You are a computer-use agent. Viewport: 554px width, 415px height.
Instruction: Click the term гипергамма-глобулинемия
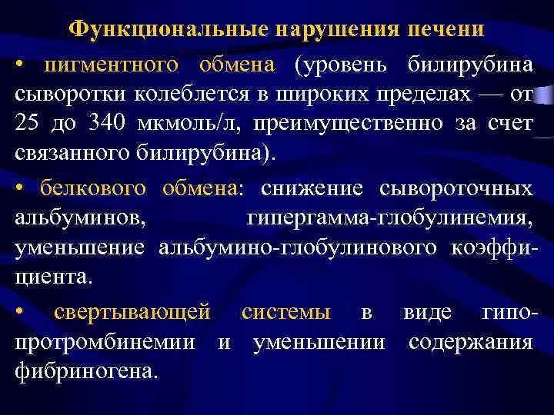tap(389, 217)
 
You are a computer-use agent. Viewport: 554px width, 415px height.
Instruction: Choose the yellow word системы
tap(286, 312)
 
